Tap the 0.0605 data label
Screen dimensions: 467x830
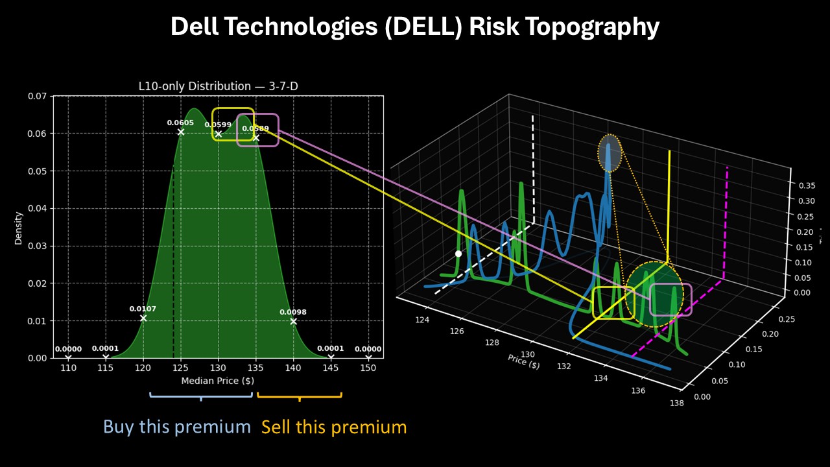(180, 123)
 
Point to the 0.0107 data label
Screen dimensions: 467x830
(143, 309)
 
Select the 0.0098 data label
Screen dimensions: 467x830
(293, 312)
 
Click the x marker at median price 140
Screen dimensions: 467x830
(294, 321)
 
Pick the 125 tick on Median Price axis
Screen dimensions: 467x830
(181, 368)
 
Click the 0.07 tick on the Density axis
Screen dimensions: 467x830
(38, 96)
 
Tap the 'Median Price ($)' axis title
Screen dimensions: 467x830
(218, 381)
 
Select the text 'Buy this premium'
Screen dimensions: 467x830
(176, 427)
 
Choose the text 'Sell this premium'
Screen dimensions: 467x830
(334, 427)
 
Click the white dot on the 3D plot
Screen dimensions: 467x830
(458, 254)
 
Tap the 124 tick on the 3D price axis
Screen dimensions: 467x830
(422, 319)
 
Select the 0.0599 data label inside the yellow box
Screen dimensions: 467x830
(218, 125)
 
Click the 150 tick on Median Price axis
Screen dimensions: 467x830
(368, 368)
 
